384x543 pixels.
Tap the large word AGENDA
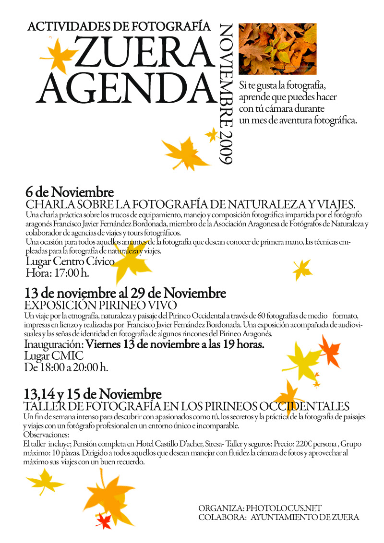[126, 88]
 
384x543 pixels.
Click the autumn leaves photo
[277, 48]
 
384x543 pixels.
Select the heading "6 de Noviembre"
[70, 192]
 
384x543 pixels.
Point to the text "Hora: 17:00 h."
[57, 273]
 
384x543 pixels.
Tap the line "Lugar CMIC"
[53, 355]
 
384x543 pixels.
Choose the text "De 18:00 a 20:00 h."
[66, 367]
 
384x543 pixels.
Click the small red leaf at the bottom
[104, 521]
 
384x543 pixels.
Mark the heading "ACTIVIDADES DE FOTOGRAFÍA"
[119, 26]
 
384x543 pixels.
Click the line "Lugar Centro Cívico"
[70, 262]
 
